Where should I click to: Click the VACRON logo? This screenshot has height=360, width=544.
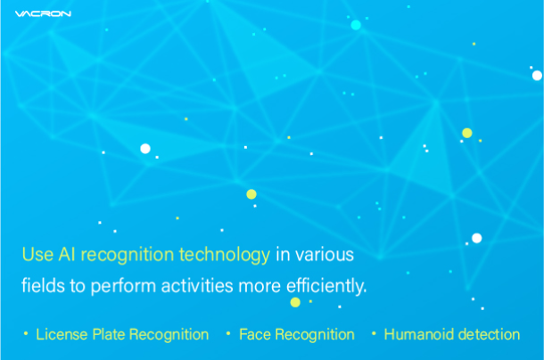tap(43, 13)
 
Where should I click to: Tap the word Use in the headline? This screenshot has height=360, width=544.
tap(37, 254)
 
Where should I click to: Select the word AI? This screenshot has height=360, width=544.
tap(67, 254)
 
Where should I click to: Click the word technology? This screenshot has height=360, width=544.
tap(225, 255)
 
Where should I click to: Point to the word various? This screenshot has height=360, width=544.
tap(325, 255)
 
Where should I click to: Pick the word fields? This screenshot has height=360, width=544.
tap(44, 286)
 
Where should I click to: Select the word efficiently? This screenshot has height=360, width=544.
tap(326, 286)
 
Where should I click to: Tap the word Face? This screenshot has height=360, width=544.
tap(255, 334)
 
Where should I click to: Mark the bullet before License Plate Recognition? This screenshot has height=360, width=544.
tap(26, 333)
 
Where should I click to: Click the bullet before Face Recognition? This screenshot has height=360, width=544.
tap(228, 333)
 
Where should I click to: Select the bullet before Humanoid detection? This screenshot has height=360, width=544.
tap(374, 333)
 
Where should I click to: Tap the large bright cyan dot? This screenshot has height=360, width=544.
tap(356, 25)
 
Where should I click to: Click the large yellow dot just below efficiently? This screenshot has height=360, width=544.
tap(295, 302)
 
